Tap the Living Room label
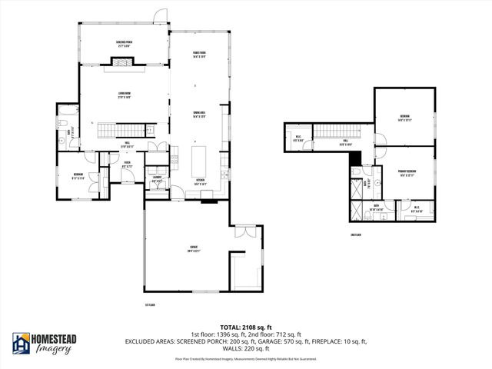tap(125, 96)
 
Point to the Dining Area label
tap(199, 115)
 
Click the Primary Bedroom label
tap(406, 172)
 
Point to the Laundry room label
tap(156, 180)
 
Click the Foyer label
tap(127, 164)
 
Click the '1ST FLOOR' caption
tap(151, 304)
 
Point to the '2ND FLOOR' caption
tap(355, 234)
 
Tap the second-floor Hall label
tap(346, 141)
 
